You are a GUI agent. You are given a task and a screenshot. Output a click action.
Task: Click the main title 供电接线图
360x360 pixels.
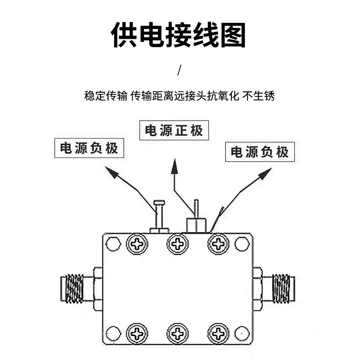179,35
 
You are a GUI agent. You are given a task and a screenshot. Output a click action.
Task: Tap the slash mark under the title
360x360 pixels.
180,70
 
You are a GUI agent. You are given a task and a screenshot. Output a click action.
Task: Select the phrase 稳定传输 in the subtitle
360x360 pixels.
106,96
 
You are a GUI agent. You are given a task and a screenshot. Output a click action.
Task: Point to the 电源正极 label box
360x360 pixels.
174,130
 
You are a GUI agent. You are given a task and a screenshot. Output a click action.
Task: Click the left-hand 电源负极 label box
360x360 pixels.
89,148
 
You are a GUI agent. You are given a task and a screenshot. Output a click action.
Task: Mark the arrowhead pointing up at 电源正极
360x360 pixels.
175,168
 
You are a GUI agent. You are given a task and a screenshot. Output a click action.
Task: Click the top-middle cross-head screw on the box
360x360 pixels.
178,244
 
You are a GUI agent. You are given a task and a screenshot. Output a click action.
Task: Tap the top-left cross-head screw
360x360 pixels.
137,244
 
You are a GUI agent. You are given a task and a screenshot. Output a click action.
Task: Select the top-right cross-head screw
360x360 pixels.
219,244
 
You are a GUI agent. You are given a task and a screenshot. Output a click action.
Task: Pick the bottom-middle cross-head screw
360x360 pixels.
178,333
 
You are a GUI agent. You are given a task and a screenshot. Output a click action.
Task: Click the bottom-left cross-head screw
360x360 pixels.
137,333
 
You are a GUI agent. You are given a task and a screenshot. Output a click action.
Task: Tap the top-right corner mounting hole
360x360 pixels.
243,244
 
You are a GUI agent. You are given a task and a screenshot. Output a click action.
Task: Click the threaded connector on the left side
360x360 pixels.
74,288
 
